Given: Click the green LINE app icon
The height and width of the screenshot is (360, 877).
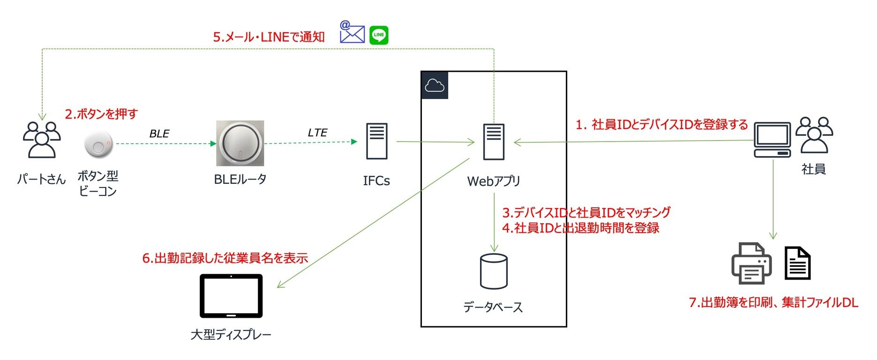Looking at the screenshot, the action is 379,35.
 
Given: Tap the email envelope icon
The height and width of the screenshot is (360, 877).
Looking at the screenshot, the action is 352,32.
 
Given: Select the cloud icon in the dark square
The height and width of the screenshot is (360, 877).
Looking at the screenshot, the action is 435,85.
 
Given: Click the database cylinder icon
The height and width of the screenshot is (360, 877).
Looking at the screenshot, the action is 494,271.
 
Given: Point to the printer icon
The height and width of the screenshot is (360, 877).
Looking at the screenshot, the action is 751,263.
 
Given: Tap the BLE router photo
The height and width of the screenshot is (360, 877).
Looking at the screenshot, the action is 240,143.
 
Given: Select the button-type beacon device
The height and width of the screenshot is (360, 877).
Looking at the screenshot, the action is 99,144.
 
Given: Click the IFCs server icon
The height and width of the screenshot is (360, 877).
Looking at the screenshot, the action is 377,141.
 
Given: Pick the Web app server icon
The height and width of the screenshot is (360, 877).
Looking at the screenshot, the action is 494,142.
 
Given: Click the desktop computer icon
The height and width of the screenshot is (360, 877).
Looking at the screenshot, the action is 772,140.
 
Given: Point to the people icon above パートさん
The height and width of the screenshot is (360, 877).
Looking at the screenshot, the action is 42,140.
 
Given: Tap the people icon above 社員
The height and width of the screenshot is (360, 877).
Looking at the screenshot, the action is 814,135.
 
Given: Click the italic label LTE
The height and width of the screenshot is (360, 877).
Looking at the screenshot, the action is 317,133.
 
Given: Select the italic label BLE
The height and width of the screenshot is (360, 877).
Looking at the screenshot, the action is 159,134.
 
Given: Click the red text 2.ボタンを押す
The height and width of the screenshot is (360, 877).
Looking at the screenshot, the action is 101,114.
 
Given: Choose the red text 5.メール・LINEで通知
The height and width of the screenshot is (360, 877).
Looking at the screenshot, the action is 269,37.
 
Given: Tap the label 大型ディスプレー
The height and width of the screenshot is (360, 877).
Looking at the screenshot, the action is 231,334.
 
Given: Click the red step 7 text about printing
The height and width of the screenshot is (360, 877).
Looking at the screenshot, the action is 773,302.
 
